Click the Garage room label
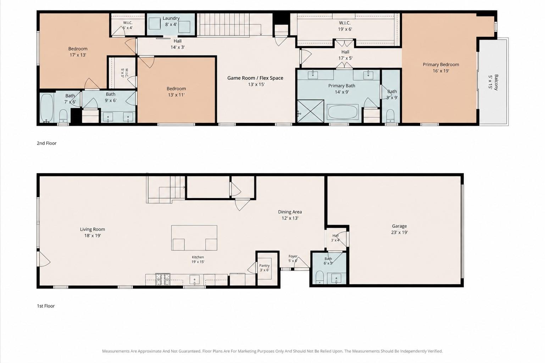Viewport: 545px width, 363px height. tap(399, 229)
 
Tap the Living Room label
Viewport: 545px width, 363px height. tap(93, 232)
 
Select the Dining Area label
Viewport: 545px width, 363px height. tap(290, 215)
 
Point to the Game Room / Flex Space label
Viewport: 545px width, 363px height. tap(255, 81)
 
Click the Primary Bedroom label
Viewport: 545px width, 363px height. tap(441, 67)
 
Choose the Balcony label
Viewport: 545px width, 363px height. tap(494, 82)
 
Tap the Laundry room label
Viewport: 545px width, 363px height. tap(171, 21)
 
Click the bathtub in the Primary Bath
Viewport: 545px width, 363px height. tap(343, 112)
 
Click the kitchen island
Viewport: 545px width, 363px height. tap(194, 238)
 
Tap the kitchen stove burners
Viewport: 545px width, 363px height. tap(163, 279)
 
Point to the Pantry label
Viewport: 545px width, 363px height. tap(264, 268)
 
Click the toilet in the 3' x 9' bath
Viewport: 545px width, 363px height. tap(390, 116)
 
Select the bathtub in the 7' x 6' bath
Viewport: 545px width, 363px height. tap(47, 108)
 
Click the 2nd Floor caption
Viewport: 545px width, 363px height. tap(46, 143)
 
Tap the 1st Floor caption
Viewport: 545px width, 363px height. tap(46, 306)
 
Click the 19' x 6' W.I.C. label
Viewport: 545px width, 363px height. tap(345, 26)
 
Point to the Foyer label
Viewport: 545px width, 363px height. tap(293, 258)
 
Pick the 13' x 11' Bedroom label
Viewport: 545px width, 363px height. tap(176, 92)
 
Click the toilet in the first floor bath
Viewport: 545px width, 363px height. tap(320, 277)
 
